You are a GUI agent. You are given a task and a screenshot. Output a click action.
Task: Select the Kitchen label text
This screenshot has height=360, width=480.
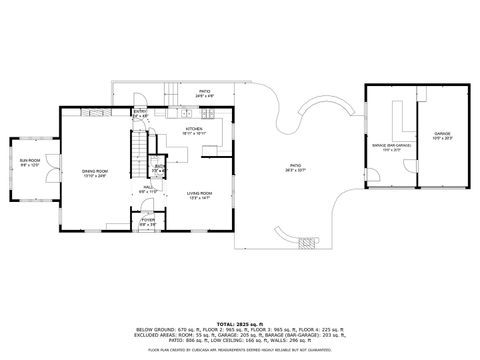(x=194, y=129)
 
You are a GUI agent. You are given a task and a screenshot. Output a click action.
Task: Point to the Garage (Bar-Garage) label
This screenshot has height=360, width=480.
(x=393, y=146)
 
